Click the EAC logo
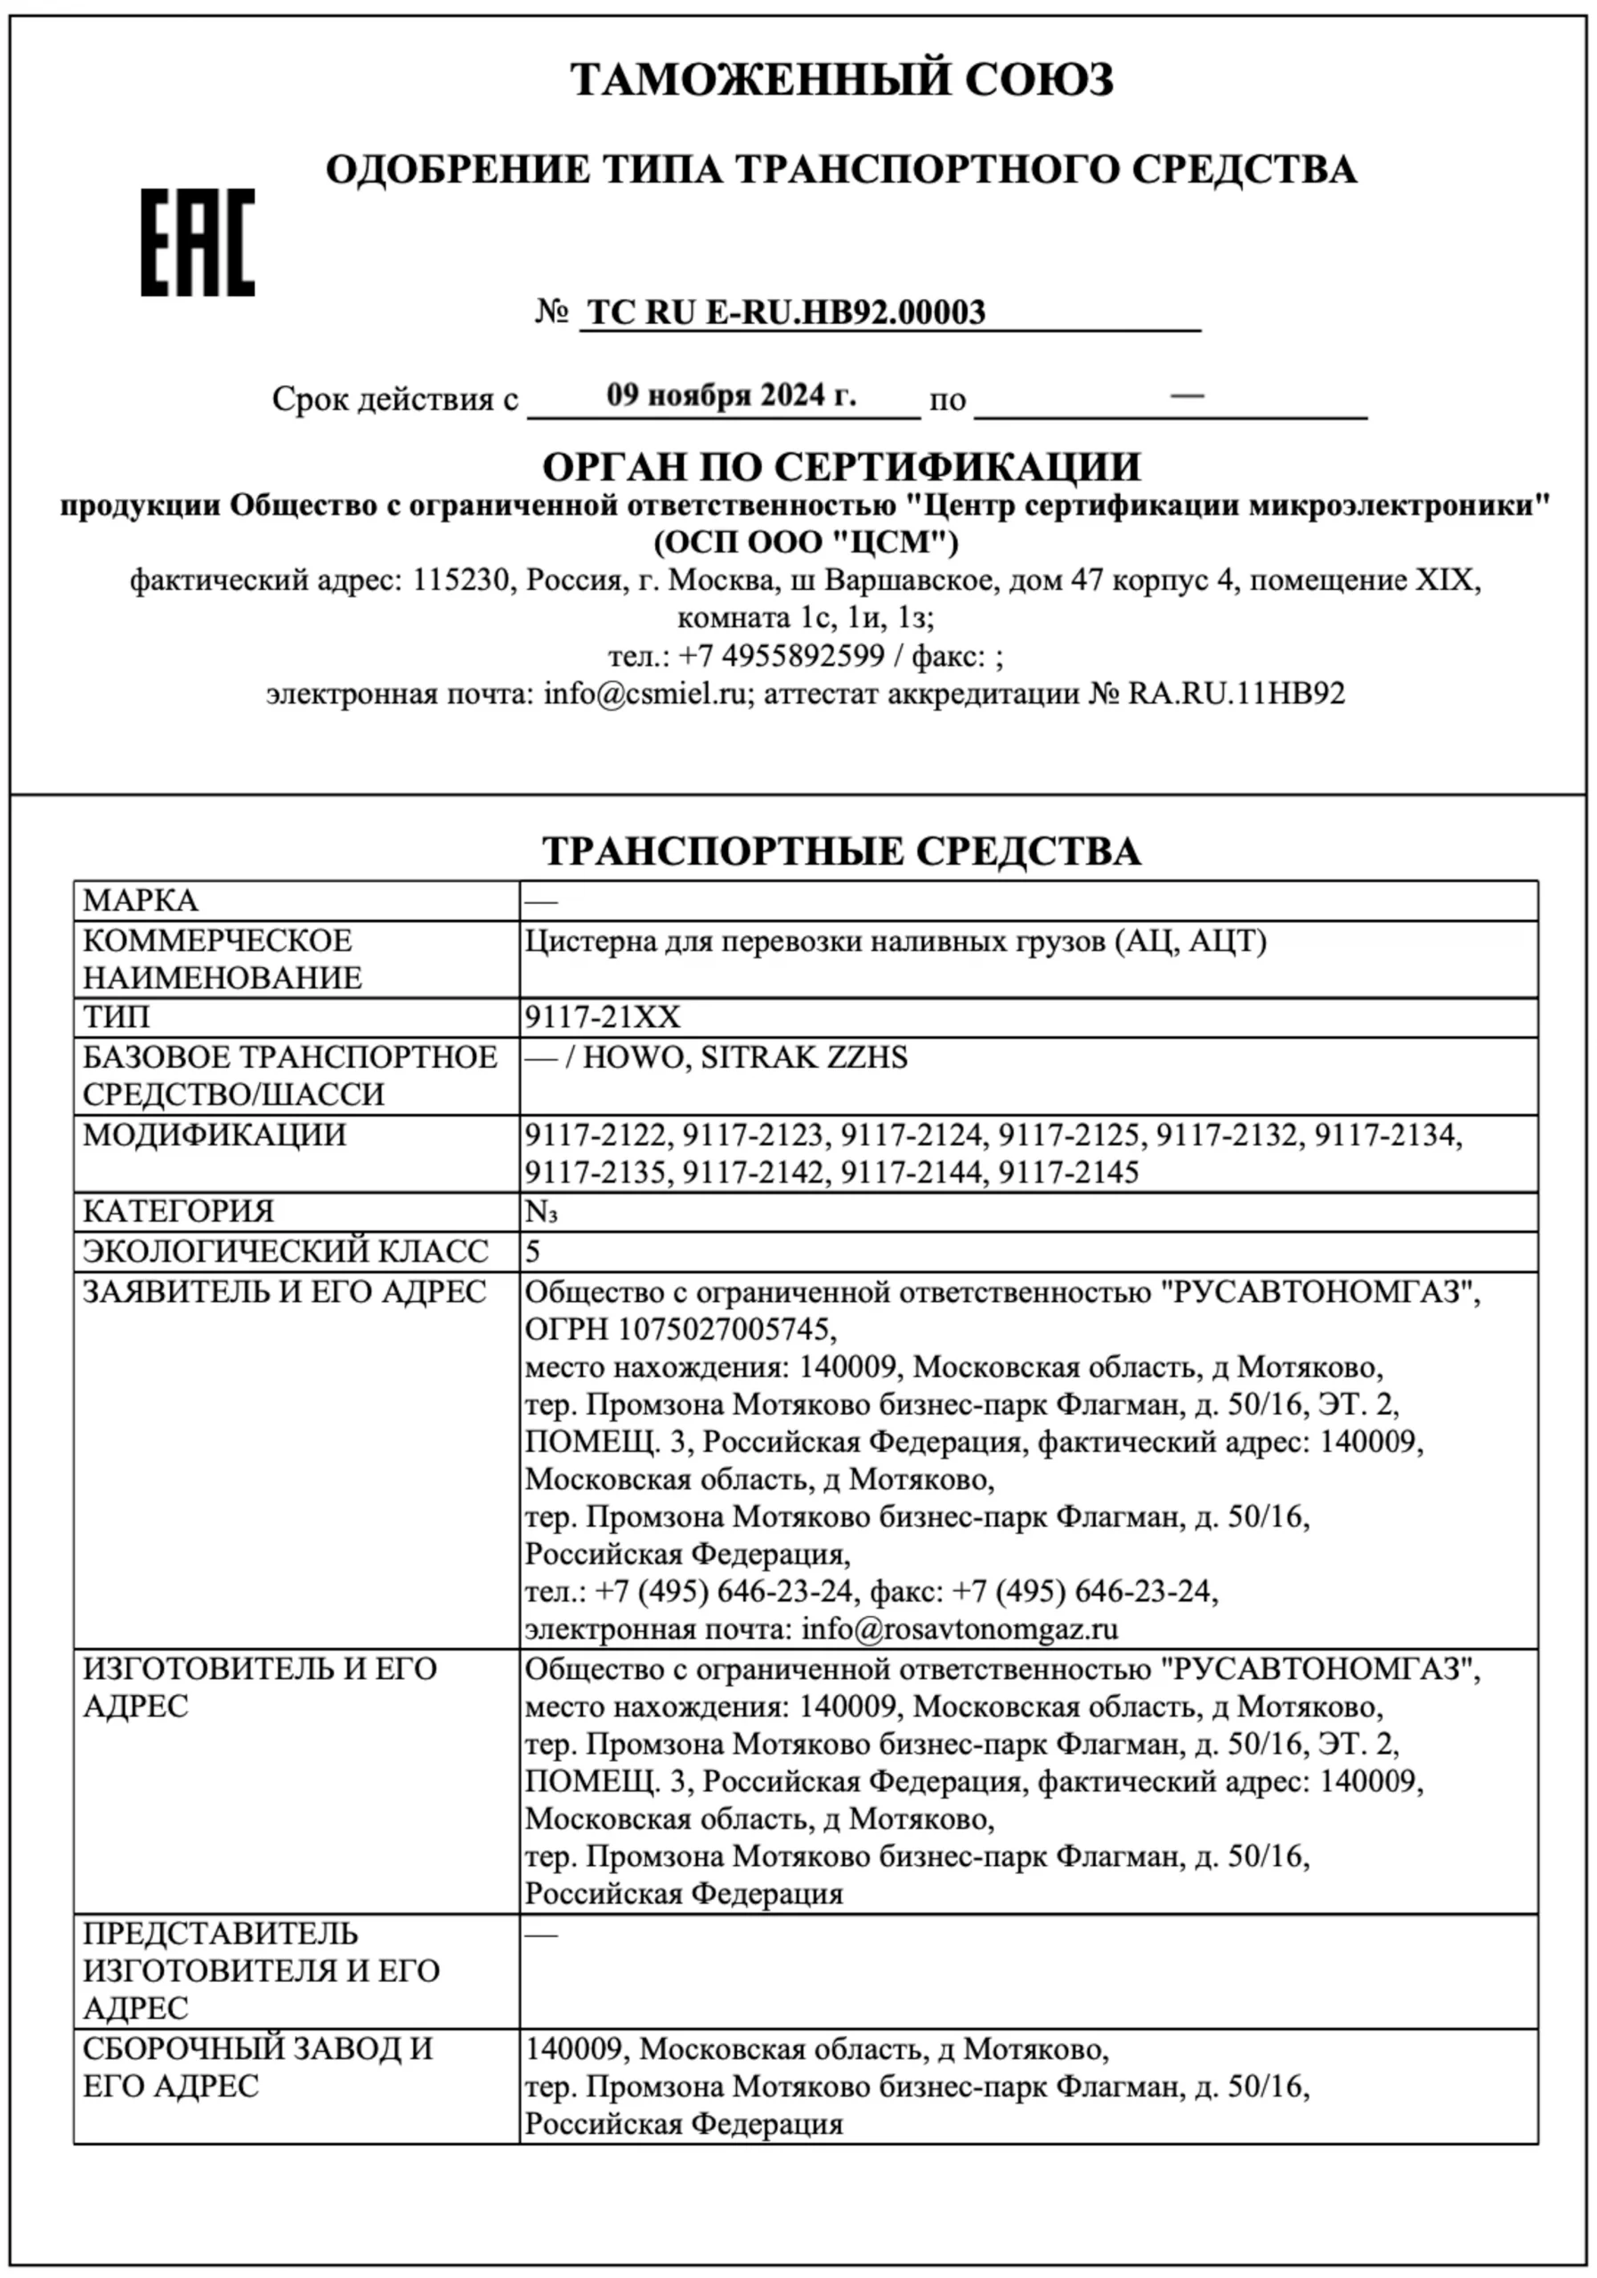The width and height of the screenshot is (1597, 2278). coord(198,242)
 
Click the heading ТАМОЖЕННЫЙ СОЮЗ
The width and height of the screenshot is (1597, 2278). coord(842,79)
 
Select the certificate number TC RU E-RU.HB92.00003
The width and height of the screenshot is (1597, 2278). coord(785,312)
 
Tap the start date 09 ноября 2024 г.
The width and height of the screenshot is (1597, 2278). coord(731,395)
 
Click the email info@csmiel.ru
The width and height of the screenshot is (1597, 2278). coord(644,693)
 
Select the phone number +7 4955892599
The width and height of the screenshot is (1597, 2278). coord(781,656)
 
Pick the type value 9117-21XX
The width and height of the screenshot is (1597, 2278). coord(603,1017)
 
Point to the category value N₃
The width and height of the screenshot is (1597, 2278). coord(541,1211)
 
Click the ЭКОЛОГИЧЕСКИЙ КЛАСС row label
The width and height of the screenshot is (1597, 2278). coord(285,1251)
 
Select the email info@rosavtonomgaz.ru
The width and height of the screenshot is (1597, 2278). coord(960,1629)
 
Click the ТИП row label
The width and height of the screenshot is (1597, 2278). coord(116,1017)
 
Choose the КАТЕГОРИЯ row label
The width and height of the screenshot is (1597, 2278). coord(178,1211)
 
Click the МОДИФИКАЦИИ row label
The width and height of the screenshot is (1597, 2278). coord(215,1134)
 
